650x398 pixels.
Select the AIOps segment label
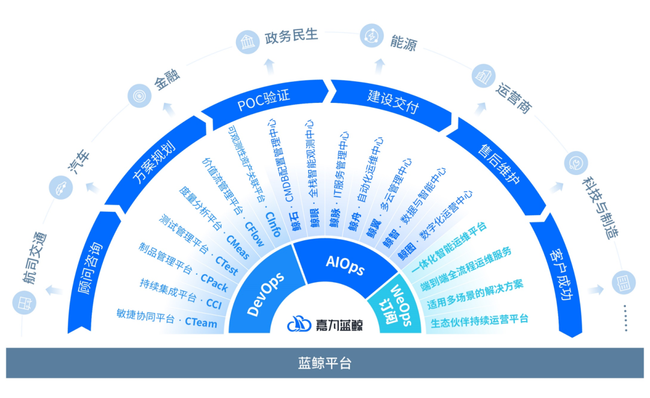click(x=345, y=265)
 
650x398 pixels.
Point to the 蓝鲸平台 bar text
click(x=324, y=363)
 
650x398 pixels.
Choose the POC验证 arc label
click(x=264, y=100)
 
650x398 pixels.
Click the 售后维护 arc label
click(x=498, y=163)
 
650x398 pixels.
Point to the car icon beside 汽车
click(x=61, y=188)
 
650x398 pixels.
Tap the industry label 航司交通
click(x=37, y=258)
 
